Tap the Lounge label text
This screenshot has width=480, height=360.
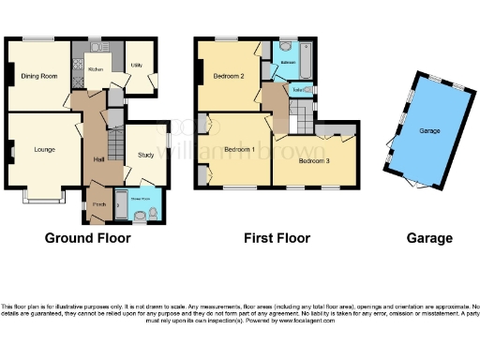44,149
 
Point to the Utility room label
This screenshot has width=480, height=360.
136,66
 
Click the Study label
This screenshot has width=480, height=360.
144,155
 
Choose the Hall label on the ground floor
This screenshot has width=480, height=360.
98,160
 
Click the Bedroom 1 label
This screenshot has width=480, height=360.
238,149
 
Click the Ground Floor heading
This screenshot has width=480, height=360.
87,238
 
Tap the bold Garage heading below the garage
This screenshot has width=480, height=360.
430,238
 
